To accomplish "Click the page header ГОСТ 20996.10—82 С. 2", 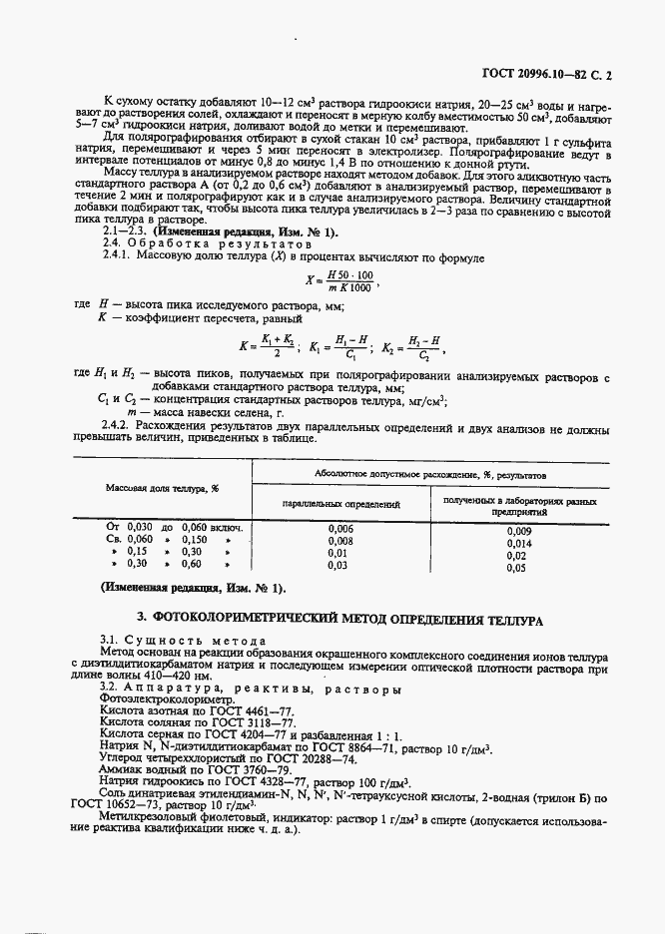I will [561, 74].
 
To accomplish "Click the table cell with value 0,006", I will [340, 528].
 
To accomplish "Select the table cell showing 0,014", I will [519, 544].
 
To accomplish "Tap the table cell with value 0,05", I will [516, 568].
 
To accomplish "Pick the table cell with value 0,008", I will [340, 540].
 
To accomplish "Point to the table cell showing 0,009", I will [519, 532].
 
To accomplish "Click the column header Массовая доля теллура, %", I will [163, 488].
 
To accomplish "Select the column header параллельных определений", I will [340, 506].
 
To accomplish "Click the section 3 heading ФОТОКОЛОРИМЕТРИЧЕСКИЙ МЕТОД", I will [338, 620].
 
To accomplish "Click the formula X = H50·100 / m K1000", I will [343, 282].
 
